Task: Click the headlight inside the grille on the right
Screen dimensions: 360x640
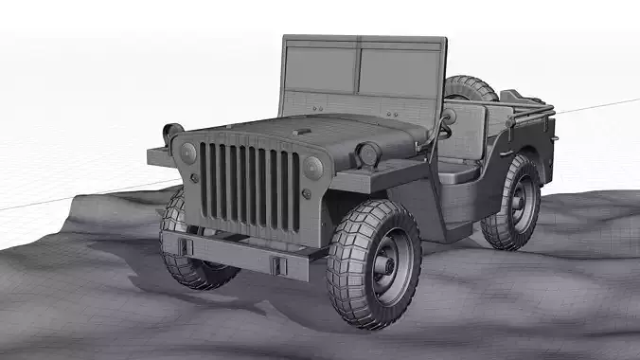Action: [313, 168]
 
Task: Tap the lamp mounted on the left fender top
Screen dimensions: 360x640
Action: [172, 133]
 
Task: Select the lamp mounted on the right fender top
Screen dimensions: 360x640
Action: [368, 153]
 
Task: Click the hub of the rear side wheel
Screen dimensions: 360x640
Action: [520, 201]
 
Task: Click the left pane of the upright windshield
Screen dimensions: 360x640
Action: [319, 69]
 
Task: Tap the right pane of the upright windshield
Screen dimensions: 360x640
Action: [400, 73]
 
